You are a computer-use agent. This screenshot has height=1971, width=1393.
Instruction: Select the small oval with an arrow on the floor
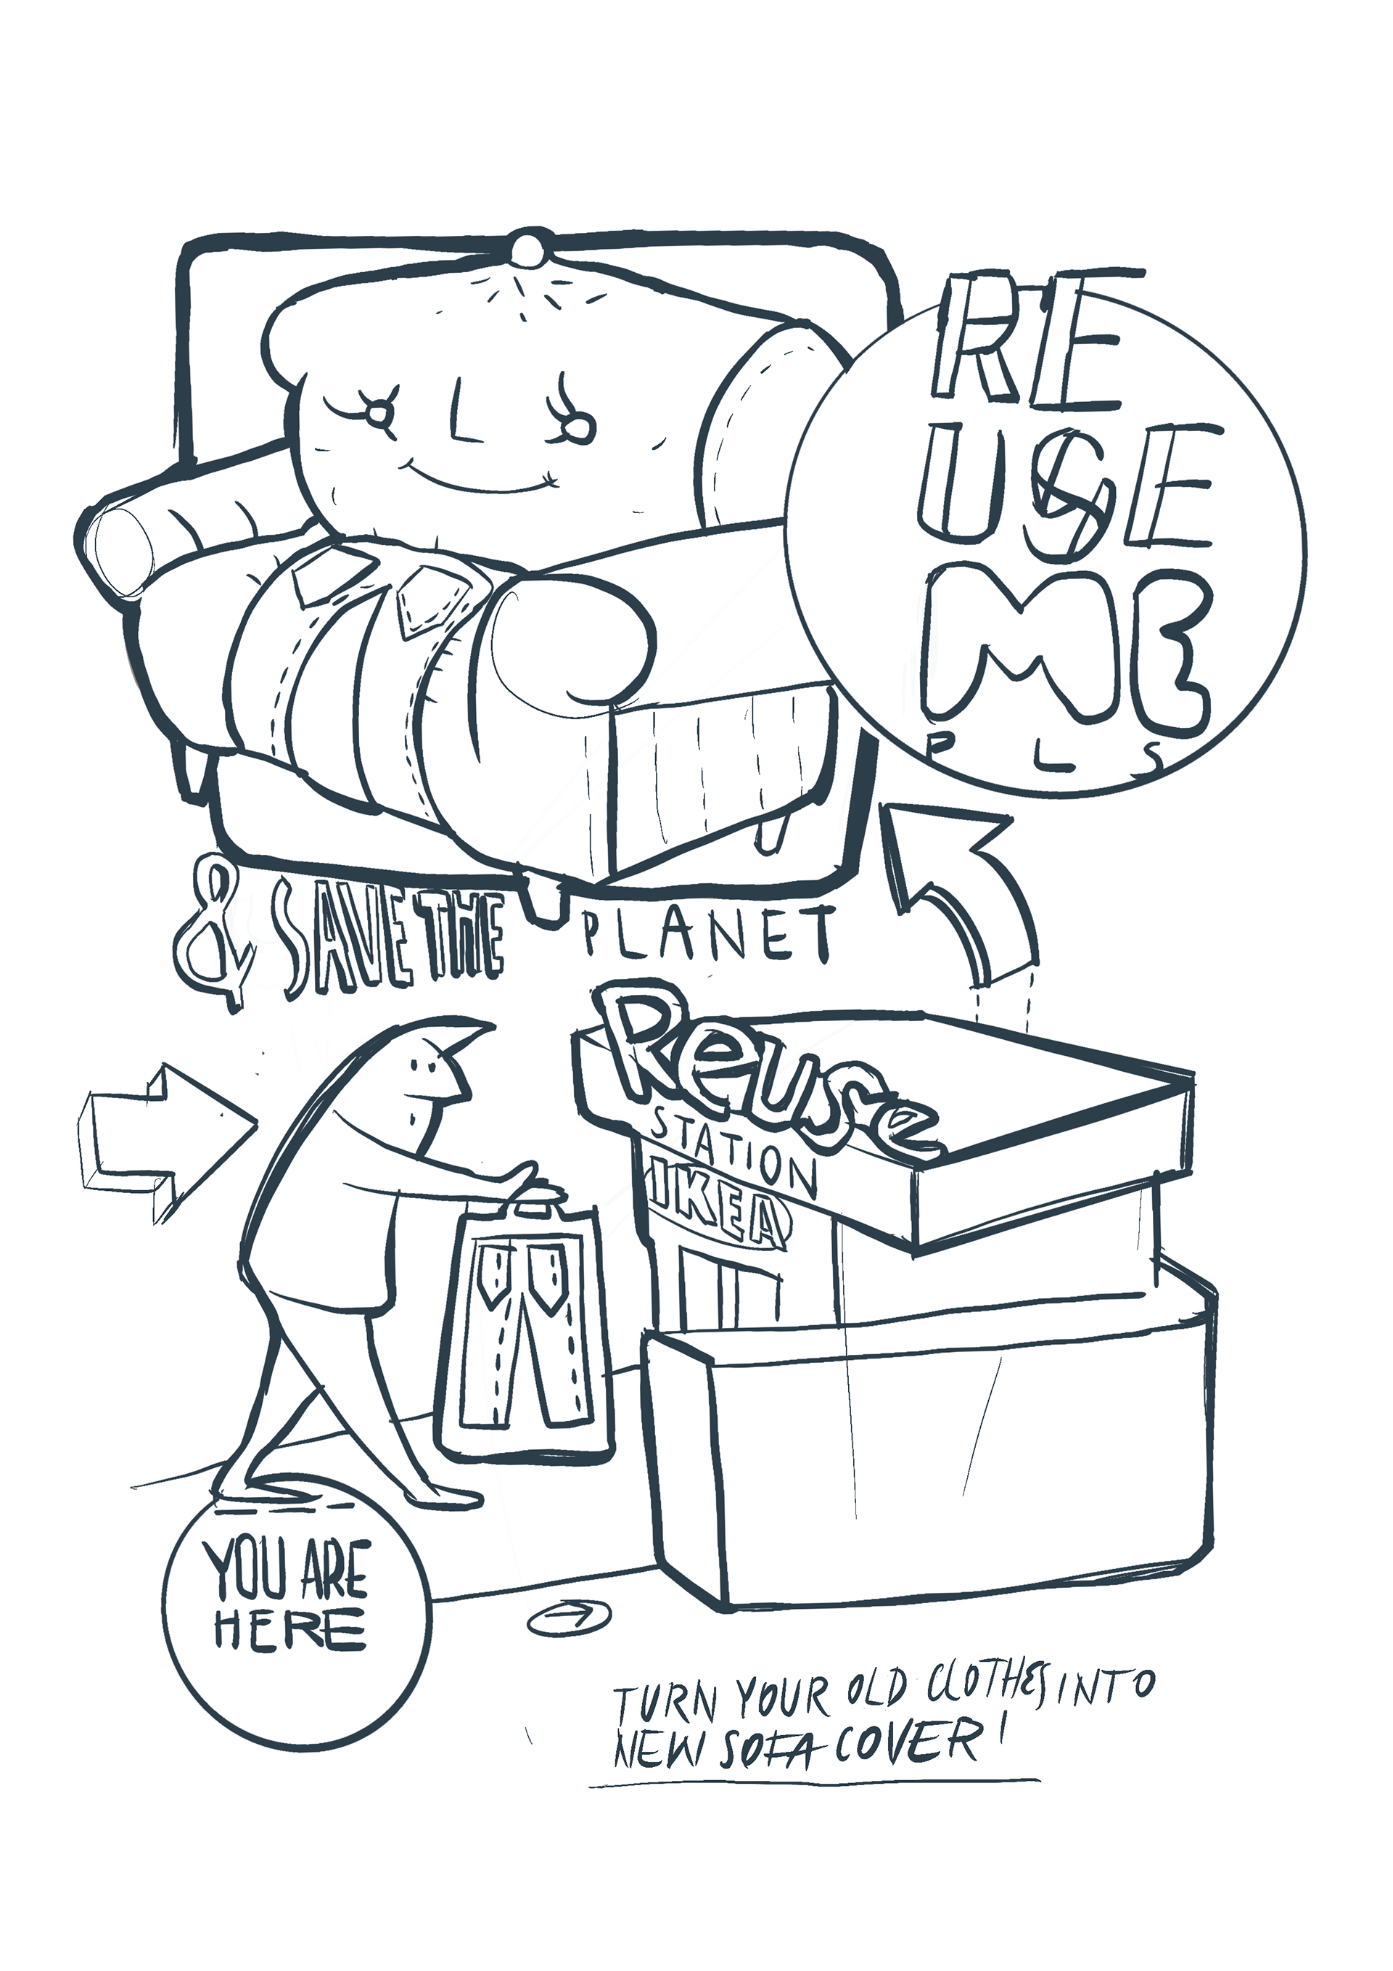568,1615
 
